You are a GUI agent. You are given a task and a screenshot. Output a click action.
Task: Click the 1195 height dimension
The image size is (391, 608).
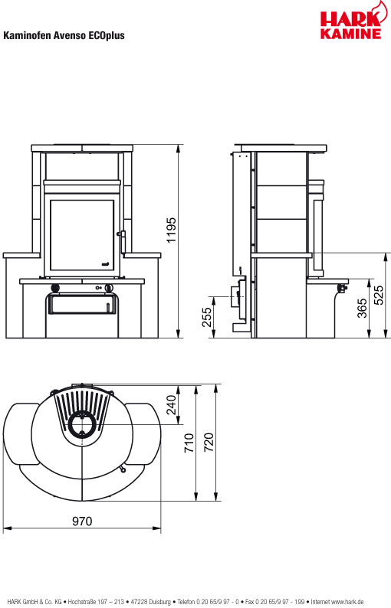pos(171,230)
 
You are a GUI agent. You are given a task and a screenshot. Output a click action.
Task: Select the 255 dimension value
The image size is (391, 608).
pos(207,317)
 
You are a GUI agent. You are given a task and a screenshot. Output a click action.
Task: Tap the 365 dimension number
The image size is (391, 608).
pos(362,309)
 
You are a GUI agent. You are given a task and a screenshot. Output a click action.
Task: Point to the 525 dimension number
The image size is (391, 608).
pos(379,295)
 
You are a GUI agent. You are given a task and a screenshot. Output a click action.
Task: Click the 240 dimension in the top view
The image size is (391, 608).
pos(171,405)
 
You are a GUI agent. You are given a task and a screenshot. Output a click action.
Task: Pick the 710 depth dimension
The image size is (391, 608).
pos(189,443)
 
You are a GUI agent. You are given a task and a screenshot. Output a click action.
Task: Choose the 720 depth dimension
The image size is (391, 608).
pos(209,443)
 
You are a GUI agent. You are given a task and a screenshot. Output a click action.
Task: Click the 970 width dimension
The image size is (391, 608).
pos(82,521)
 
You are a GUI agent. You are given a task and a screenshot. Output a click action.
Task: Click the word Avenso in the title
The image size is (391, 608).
pos(71,36)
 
